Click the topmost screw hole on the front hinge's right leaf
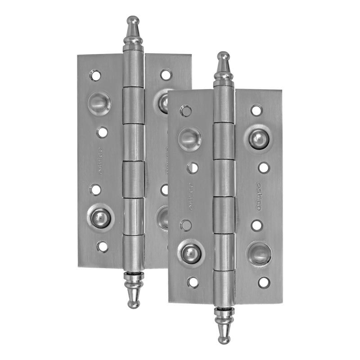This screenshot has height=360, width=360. coord(256,110)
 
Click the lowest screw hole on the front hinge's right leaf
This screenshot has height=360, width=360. coord(263,282)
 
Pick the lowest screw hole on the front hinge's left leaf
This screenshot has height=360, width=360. coord(193,282)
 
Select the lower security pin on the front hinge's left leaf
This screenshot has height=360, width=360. coord(191,253)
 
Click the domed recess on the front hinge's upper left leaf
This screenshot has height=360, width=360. coord(189,138)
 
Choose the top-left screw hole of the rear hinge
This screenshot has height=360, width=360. coord(95,75)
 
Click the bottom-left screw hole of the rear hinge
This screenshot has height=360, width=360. coord(103,247)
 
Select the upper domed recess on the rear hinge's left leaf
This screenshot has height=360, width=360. coord(99,104)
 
